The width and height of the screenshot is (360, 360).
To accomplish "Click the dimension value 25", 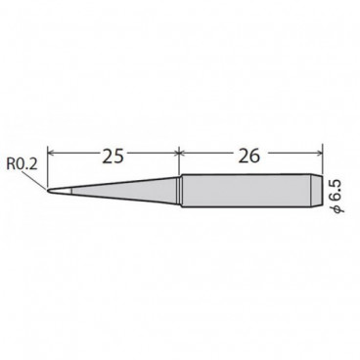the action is point(113,156).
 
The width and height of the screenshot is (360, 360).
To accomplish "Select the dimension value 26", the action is point(249,156).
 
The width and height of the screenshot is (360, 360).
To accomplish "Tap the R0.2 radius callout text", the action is point(22,164).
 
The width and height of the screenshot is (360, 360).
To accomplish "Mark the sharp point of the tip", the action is point(48,191).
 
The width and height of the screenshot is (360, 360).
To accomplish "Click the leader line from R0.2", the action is point(34,180).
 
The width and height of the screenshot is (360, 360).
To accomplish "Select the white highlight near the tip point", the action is point(66,191).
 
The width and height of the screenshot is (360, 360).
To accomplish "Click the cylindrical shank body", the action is point(246,191).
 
